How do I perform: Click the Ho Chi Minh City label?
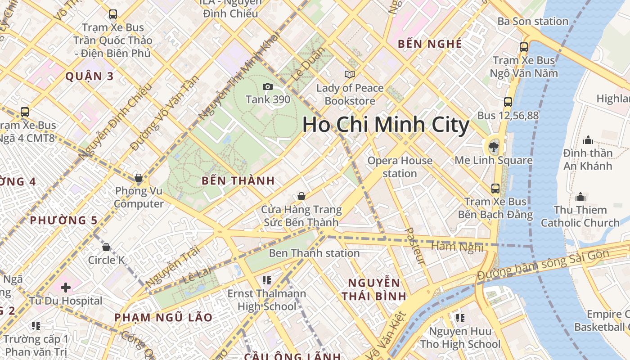click(386, 125)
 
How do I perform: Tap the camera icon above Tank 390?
click(267, 87)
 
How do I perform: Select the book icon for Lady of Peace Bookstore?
click(350, 75)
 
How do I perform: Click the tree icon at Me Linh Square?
click(494, 146)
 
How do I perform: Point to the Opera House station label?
click(400, 167)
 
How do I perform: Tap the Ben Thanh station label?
click(314, 253)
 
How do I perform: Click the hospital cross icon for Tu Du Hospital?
click(66, 287)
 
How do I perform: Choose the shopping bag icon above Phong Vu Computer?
click(139, 178)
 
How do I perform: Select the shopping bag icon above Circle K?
click(106, 247)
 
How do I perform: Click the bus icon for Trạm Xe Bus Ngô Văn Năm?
click(524, 47)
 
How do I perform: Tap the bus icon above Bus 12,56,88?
click(508, 102)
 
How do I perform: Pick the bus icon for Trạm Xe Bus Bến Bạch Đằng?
click(495, 188)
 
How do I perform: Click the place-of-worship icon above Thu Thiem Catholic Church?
click(580, 197)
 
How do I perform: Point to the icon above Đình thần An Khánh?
click(588, 140)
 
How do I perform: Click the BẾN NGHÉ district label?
click(430, 44)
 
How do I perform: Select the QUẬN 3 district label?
click(90, 76)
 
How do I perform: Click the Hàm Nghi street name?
click(457, 247)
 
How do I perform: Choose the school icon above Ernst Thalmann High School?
click(266, 280)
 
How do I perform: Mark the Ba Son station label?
click(533, 21)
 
